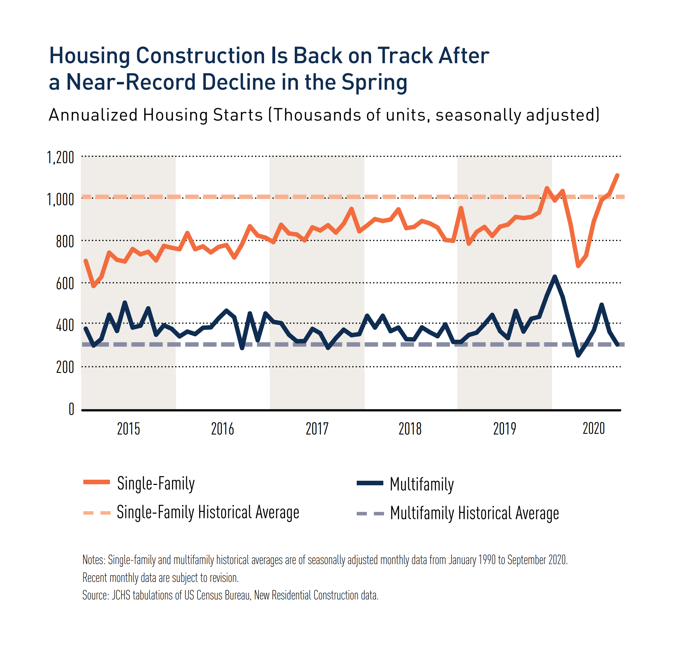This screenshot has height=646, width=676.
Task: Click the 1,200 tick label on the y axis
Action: click(61, 158)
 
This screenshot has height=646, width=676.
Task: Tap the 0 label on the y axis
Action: click(71, 409)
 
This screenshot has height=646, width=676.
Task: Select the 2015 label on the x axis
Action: click(128, 429)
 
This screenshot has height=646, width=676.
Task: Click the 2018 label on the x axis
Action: click(410, 429)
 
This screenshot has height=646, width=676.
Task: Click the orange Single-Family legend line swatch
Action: click(97, 482)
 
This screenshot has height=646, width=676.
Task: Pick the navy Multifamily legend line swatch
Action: click(370, 483)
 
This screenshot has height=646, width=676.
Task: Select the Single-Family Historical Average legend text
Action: click(208, 512)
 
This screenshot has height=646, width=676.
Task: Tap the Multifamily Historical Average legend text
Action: click(474, 513)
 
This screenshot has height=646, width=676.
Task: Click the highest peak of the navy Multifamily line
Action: click(555, 277)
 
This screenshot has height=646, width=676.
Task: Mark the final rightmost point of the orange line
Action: click(617, 175)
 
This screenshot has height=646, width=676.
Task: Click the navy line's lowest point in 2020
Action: click(578, 356)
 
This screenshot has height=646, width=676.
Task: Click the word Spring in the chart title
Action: click(374, 83)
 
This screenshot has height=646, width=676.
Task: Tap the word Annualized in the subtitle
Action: click(93, 115)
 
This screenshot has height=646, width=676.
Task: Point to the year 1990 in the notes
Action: click(487, 560)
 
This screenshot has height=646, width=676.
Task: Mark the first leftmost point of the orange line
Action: click(86, 261)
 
